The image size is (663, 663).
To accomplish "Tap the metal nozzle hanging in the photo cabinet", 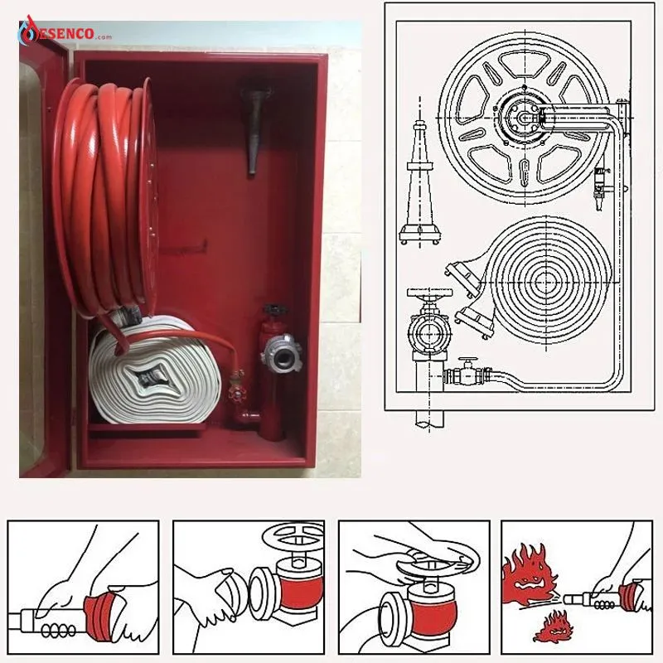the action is (255, 129).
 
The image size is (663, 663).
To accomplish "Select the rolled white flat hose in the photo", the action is (155, 369).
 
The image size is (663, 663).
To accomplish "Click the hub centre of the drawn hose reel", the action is (525, 118).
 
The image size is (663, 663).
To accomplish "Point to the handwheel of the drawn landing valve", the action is (429, 293).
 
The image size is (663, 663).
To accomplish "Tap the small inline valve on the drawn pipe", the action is (467, 372).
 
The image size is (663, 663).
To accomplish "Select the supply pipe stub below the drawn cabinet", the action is (429, 418).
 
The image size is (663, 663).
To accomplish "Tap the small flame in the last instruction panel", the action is (552, 626).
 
